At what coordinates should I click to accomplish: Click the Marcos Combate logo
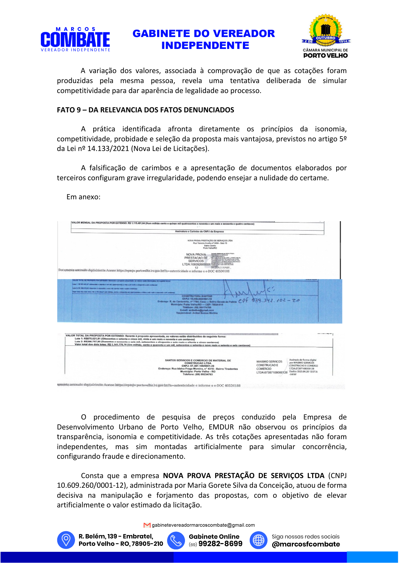75,39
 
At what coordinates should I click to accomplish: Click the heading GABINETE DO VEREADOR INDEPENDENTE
204,39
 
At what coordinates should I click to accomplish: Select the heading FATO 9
145,110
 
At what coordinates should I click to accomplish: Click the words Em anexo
83,197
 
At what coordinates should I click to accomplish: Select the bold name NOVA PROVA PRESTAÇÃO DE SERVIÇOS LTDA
244,476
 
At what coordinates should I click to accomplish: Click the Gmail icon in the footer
147,525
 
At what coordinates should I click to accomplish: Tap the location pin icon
66,540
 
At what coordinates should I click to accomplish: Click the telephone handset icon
176,540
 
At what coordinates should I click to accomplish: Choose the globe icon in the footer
258,540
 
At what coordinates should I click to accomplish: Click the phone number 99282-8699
220,544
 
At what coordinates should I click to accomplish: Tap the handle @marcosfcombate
306,544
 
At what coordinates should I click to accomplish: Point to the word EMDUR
221,427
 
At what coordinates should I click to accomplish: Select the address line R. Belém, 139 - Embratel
116,536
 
